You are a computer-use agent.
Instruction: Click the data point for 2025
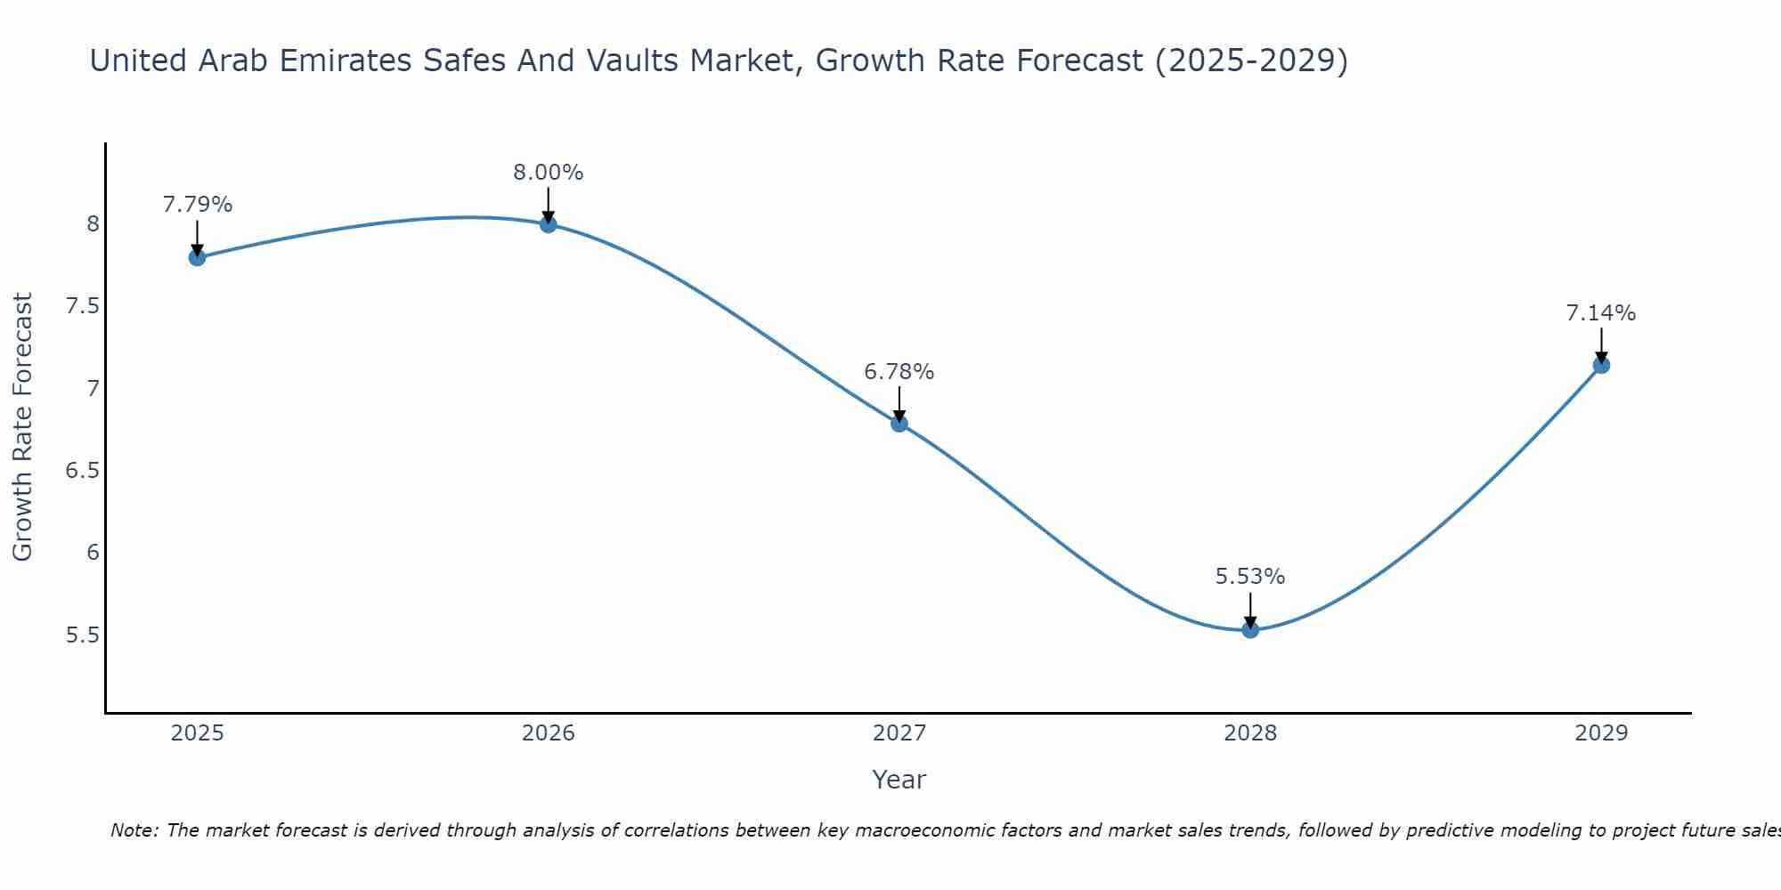pos(197,258)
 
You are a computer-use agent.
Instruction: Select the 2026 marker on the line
pos(548,224)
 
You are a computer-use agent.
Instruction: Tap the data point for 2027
pos(899,424)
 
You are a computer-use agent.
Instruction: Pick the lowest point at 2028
pos(1250,630)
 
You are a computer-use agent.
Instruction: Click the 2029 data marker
pos(1601,365)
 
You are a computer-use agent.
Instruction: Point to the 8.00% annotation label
pos(548,173)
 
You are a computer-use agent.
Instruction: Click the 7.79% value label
pos(197,205)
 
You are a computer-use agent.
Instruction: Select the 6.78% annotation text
pos(899,372)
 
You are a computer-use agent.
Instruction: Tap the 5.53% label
pos(1250,577)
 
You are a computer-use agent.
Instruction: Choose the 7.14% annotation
pos(1601,313)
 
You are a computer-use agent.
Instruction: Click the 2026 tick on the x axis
pos(548,733)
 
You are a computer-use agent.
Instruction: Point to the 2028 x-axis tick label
pos(1250,733)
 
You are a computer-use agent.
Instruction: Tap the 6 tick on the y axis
pos(93,553)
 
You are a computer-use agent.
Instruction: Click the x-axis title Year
pos(899,780)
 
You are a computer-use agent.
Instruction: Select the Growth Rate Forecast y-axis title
pos(22,427)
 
